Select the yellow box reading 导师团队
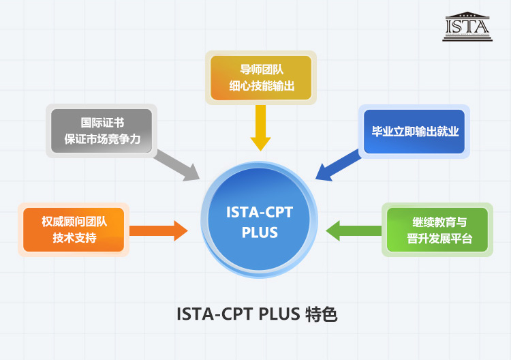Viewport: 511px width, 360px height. [x=261, y=77]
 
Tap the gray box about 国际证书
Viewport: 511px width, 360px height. [x=102, y=130]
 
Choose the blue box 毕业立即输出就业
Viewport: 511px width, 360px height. [x=415, y=132]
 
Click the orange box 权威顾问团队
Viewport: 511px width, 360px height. [x=74, y=229]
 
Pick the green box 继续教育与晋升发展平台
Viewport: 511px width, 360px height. [x=438, y=230]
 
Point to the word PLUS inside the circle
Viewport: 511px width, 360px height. [x=260, y=232]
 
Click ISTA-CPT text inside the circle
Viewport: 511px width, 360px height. [x=260, y=212]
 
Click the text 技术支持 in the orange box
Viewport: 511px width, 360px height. [x=74, y=238]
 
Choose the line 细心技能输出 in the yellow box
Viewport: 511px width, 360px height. [x=261, y=86]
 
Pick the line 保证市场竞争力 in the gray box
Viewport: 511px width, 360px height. [x=102, y=139]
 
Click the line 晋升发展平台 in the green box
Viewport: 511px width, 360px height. [x=438, y=239]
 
